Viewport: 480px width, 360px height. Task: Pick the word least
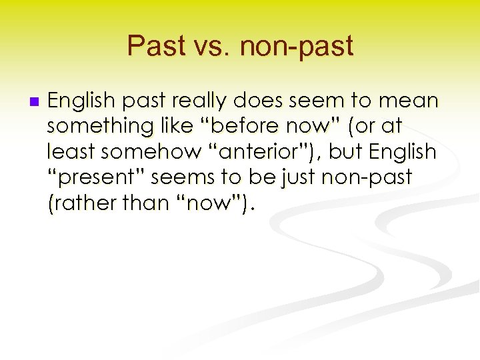(x=68, y=152)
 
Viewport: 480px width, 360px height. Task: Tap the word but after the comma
(x=345, y=152)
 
